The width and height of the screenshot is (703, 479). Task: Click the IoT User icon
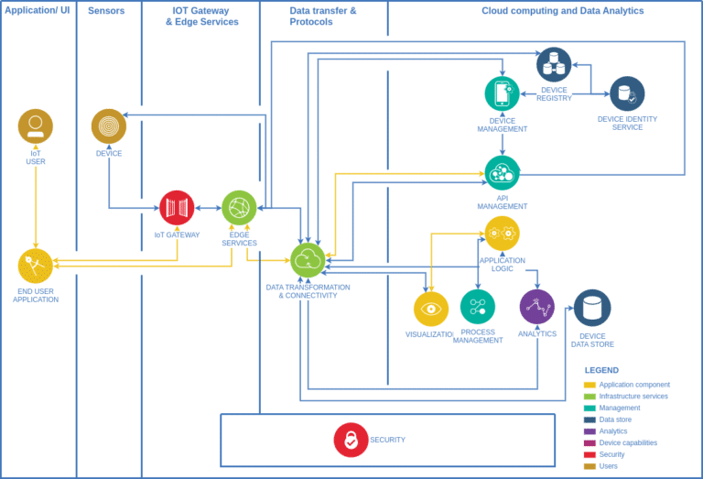[36, 126]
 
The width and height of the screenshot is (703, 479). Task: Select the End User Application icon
[36, 266]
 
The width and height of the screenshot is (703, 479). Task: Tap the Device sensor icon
[109, 126]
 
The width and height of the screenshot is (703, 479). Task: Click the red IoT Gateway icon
[177, 208]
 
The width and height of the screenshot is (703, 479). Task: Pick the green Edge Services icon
[239, 208]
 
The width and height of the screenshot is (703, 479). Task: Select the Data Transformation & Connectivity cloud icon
[308, 260]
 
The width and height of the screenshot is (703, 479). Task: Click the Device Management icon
[502, 93]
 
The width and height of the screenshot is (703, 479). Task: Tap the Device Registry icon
[554, 65]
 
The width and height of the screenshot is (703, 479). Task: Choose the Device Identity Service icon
[627, 93]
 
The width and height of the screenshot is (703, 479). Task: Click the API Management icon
[502, 173]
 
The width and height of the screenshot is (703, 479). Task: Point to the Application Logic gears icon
[502, 234]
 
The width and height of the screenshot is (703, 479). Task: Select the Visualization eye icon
[430, 309]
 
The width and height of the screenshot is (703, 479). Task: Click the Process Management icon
[478, 307]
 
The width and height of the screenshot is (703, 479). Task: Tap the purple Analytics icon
[537, 307]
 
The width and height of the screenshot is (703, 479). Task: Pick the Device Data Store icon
[592, 309]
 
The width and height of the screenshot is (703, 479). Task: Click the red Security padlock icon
[351, 440]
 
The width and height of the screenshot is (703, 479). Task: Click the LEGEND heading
[601, 370]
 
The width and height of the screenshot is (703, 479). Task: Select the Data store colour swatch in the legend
[589, 419]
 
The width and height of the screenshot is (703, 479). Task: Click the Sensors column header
[106, 11]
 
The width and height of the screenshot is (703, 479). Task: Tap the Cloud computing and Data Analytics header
[562, 11]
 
